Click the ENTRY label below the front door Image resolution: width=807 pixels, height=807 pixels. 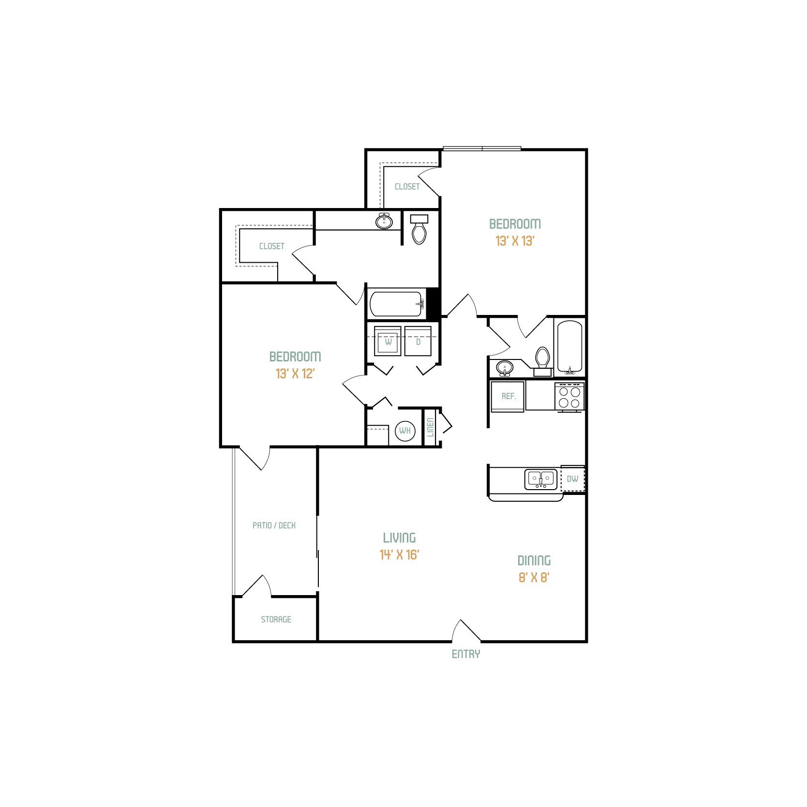(466, 654)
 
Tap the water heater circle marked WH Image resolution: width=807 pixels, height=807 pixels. (405, 431)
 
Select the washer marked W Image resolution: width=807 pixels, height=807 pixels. (388, 341)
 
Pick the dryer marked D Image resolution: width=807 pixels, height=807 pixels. (418, 341)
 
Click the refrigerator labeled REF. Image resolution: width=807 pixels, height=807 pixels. (508, 396)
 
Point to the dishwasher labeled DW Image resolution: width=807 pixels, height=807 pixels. (572, 478)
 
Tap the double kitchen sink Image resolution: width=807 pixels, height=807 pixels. (541, 479)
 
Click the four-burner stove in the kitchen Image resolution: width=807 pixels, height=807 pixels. (569, 397)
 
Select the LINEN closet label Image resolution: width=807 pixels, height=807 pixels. (430, 427)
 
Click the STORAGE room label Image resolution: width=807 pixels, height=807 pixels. (276, 619)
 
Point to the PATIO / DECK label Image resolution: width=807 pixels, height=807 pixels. (274, 525)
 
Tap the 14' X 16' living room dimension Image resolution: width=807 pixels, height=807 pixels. (399, 554)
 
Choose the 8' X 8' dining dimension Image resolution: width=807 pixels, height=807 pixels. (534, 577)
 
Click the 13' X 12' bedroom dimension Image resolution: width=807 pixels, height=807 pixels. (295, 374)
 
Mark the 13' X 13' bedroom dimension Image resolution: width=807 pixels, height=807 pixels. (515, 241)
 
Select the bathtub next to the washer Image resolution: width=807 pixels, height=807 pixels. (397, 304)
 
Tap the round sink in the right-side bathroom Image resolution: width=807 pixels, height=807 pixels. (505, 368)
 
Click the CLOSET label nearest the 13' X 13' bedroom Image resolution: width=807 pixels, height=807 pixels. (407, 186)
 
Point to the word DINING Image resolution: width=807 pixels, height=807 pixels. (534, 561)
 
